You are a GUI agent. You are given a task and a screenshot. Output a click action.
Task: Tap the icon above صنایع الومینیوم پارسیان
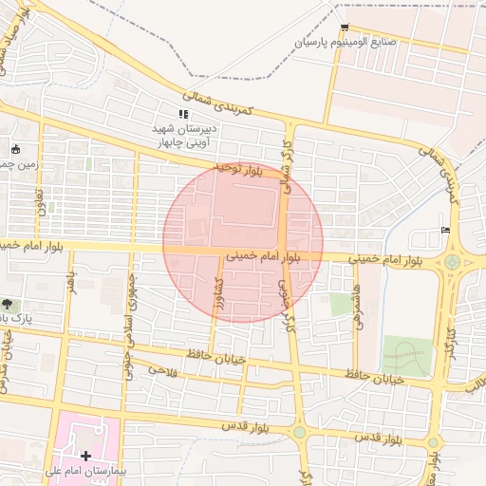tap(344, 27)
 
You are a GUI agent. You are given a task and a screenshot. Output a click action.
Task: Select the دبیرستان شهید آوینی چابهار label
tap(186, 135)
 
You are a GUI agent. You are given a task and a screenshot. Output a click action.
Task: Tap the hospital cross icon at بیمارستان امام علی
tap(86, 457)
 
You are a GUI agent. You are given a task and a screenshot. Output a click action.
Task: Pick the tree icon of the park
tap(9, 304)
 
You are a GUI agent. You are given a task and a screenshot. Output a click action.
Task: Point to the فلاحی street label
tap(162, 368)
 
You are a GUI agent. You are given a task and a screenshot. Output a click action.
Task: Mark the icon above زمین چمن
tap(14, 149)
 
